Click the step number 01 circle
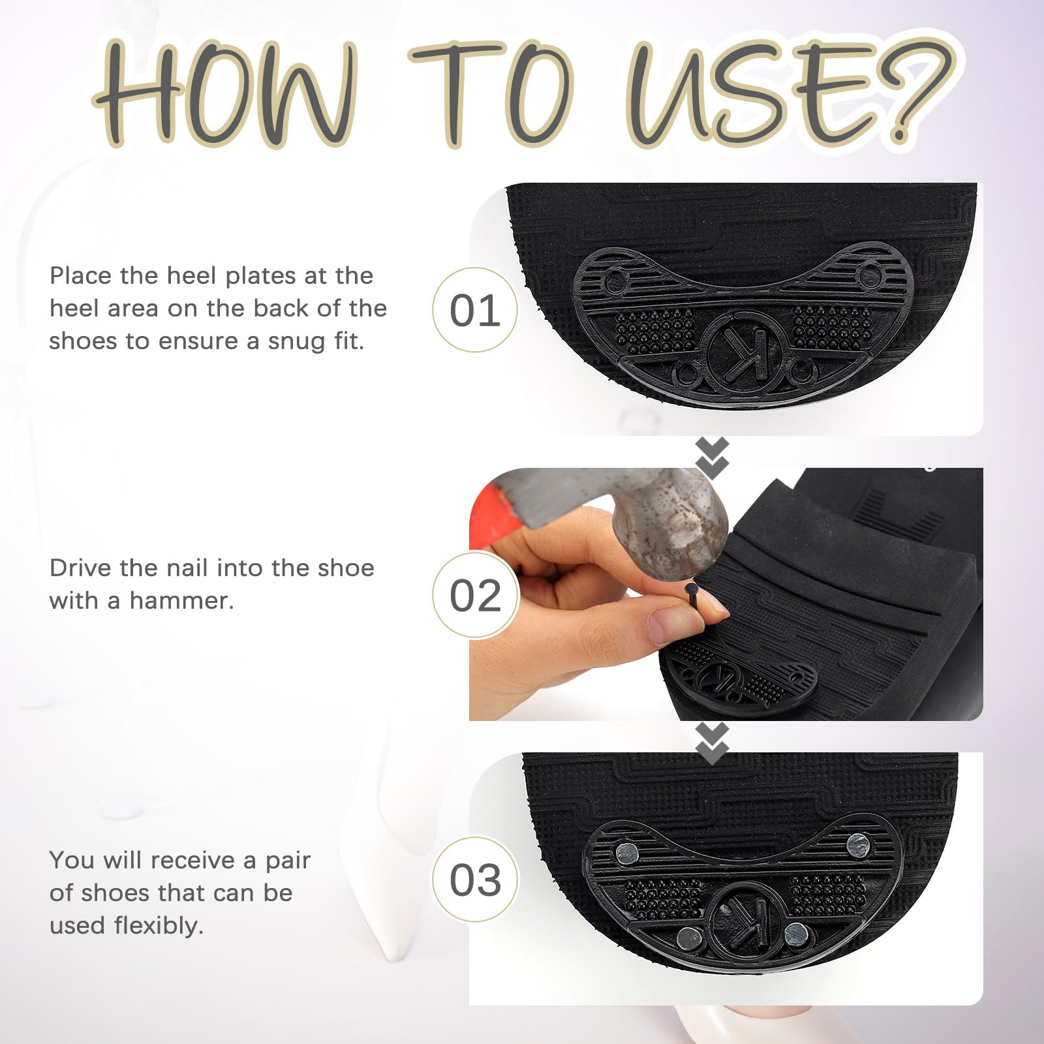475,309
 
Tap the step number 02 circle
475,594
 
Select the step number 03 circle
475,879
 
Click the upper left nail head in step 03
627,852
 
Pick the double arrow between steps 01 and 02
712,456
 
